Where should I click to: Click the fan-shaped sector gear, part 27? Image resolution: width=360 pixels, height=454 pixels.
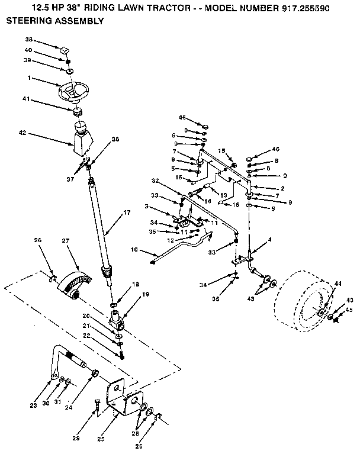[x=76, y=281]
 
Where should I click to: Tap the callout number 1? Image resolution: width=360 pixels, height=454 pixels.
[x=28, y=78]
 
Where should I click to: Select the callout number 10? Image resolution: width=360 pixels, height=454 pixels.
[x=135, y=250]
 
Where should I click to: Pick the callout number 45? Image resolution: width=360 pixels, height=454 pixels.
[x=349, y=309]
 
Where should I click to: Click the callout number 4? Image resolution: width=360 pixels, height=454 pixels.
[x=269, y=239]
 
